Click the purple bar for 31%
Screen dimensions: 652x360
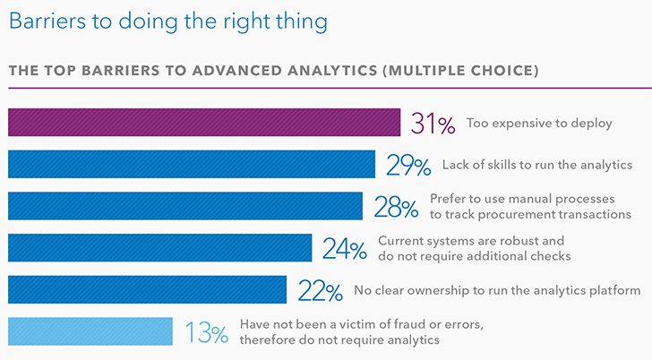click(204, 122)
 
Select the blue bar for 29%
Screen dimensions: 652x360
click(192, 164)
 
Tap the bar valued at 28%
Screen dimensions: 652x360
click(185, 206)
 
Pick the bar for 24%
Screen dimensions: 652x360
click(159, 248)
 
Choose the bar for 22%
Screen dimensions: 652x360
click(147, 289)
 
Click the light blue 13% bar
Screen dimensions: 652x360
click(90, 331)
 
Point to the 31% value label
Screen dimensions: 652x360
click(433, 124)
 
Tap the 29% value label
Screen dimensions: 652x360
click(408, 166)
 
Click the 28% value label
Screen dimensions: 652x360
click(396, 208)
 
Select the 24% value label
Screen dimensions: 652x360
click(345, 249)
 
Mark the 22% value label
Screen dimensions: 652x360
click(321, 291)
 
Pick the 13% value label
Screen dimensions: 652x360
click(207, 332)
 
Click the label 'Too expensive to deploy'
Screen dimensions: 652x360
click(539, 124)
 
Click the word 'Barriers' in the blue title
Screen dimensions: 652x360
click(47, 21)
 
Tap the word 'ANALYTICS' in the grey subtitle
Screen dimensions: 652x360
click(332, 71)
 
